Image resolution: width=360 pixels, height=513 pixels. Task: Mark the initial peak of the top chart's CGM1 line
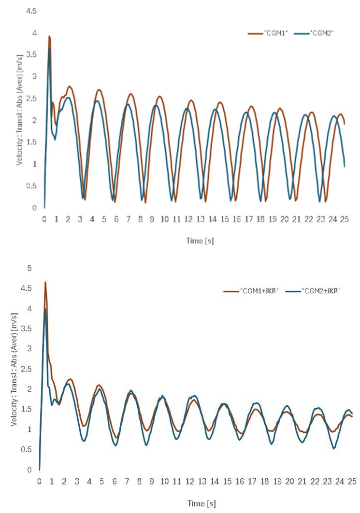(x=49, y=36)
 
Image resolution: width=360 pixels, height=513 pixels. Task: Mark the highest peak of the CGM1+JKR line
(x=45, y=282)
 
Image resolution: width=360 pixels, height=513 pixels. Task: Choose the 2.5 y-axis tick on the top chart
(x=31, y=98)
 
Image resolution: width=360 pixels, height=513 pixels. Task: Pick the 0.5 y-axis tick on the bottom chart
(x=30, y=450)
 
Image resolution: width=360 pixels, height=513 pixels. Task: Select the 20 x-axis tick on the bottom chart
(x=290, y=481)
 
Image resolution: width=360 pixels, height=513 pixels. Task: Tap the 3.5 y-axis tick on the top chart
(x=31, y=54)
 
